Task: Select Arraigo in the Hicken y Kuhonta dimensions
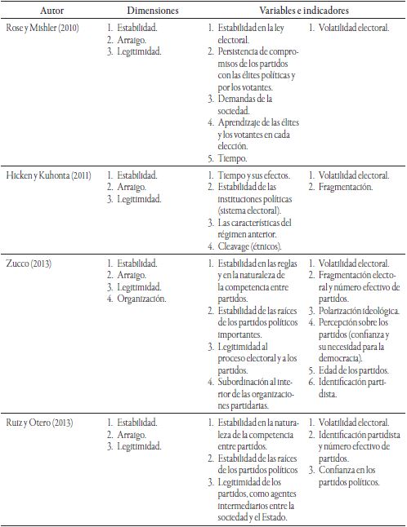point(134,187)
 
